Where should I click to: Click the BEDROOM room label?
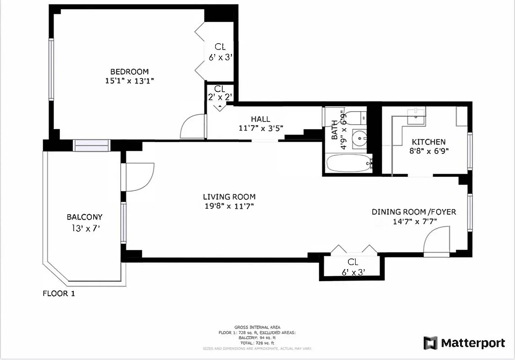pos(130,72)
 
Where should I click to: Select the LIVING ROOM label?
pos(229,197)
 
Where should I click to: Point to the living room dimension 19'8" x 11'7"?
pos(229,206)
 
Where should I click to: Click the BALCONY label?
pos(85,217)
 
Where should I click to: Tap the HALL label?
pos(261,119)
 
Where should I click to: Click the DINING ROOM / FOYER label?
pos(414,212)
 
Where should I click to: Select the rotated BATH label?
pos(335,135)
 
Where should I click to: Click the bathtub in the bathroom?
pos(348,163)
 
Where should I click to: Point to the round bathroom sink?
pos(359,137)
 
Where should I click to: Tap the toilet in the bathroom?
pos(359,118)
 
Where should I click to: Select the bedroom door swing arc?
pos(191,127)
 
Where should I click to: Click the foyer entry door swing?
pos(436,241)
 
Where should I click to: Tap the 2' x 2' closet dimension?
pos(219,97)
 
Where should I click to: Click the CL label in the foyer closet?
pos(352,262)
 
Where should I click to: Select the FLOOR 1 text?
pos(59,294)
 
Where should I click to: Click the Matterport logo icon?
pos(430,343)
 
